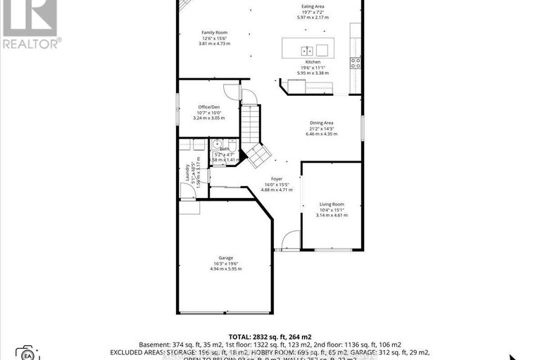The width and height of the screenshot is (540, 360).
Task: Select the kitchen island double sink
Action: [x=307, y=50]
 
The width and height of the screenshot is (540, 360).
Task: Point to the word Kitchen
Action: [x=313, y=62]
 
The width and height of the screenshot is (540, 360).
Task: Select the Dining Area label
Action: [x=321, y=123]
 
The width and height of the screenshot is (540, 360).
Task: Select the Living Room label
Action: [x=331, y=204]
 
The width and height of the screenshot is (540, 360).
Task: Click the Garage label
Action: [x=225, y=258]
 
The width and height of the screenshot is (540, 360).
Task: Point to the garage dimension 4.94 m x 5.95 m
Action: [x=225, y=269]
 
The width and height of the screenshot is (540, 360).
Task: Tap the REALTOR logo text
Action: [x=32, y=44]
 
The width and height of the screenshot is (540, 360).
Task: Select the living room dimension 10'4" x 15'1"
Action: [x=331, y=209]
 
